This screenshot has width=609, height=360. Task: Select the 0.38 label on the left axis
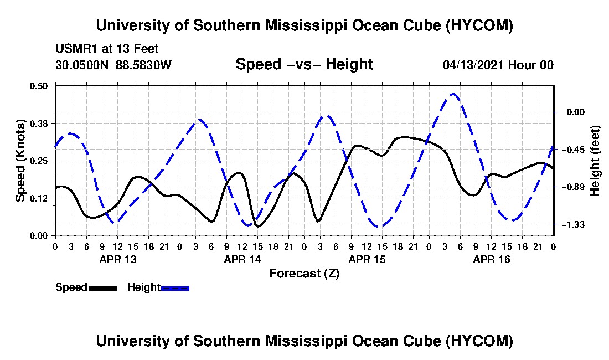tap(38, 124)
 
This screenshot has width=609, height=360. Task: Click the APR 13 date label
tap(118, 259)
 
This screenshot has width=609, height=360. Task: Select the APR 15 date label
tap(367, 259)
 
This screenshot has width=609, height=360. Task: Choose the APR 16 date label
tap(491, 259)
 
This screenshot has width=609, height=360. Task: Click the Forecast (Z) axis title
tap(304, 274)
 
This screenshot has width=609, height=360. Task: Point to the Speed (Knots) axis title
tap(20, 161)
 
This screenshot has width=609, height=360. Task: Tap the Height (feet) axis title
tap(595, 161)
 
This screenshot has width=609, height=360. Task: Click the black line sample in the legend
tap(103, 288)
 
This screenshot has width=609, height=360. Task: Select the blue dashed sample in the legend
tap(175, 288)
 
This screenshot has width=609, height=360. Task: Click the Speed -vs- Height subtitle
tap(304, 64)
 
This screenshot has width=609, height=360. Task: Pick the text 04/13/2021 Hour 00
tap(498, 65)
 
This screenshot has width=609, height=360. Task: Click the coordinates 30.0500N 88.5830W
tap(113, 65)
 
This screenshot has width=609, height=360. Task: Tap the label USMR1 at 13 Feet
tap(107, 49)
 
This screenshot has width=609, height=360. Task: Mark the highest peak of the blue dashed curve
tap(452, 94)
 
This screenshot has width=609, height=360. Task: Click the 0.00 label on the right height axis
tap(576, 112)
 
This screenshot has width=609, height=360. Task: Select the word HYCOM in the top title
tap(479, 25)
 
